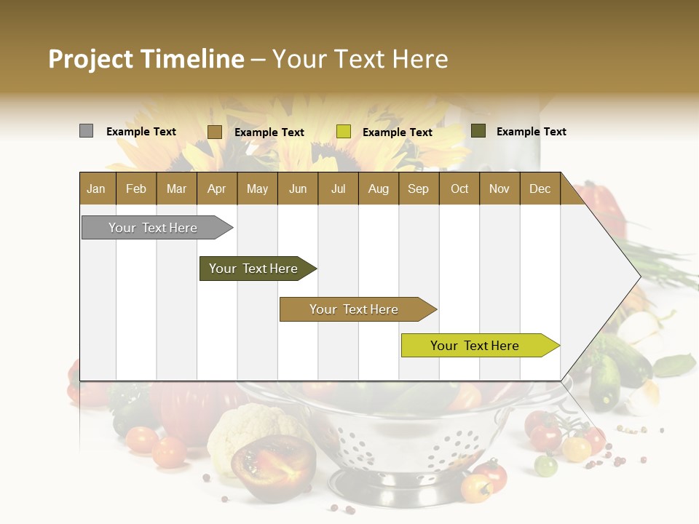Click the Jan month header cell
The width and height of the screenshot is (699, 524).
coord(96,188)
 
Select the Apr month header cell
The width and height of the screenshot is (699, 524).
coord(216,188)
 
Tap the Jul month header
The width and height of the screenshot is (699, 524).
coord(338,188)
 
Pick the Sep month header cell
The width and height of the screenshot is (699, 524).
coord(418,188)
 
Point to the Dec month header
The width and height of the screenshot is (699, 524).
coord(540,188)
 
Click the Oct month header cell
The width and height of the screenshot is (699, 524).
coord(459,188)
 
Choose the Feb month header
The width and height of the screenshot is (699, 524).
coord(136,188)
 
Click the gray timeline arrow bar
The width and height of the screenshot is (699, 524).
coord(153,228)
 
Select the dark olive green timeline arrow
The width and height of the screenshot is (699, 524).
coord(253,269)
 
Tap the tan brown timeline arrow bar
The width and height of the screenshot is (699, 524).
coord(354,309)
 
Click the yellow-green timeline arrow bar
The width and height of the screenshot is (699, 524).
coord(475,346)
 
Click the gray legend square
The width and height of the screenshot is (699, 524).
coord(87,131)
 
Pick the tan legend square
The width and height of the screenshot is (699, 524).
coord(215,132)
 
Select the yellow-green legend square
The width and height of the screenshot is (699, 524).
coord(344,132)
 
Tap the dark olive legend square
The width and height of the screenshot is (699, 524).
coord(478,131)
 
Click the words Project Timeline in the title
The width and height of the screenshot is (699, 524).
coord(146,59)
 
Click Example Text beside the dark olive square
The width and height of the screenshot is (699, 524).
coord(531,132)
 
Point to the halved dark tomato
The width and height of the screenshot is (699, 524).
coord(274,464)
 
